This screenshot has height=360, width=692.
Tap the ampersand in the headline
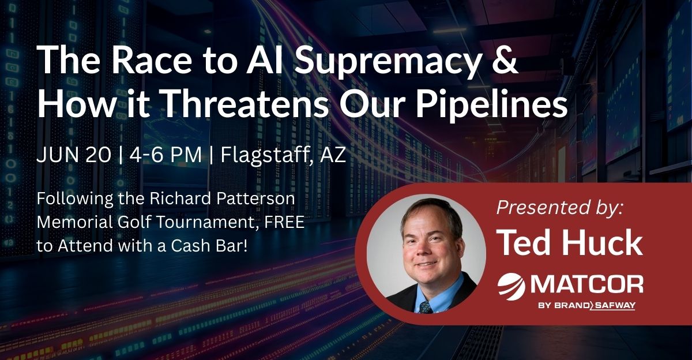pyautogui.click(x=503, y=59)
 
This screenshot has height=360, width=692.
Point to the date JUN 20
pyautogui.click(x=74, y=155)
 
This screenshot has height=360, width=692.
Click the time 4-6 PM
pyautogui.click(x=166, y=155)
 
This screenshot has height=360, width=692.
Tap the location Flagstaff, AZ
pyautogui.click(x=283, y=156)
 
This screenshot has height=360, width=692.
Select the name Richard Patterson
pyautogui.click(x=223, y=198)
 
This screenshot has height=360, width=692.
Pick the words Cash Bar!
pyautogui.click(x=209, y=246)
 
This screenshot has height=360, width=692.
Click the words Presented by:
pyautogui.click(x=559, y=208)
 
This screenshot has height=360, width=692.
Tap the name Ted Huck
pyautogui.click(x=570, y=243)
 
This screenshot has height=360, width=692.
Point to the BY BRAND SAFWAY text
pyautogui.click(x=587, y=306)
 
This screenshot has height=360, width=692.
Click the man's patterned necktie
pyautogui.click(x=426, y=307)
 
